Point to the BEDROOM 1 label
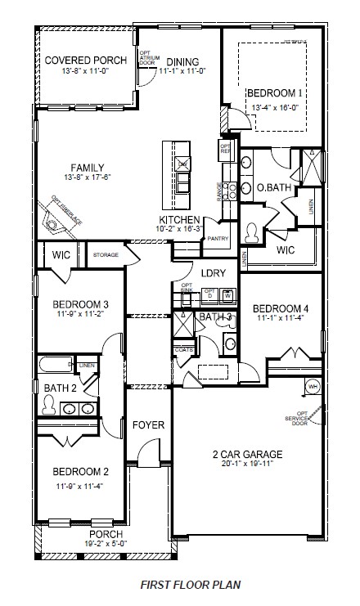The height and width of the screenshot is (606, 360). (x=275, y=93)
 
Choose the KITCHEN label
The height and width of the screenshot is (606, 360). (x=179, y=220)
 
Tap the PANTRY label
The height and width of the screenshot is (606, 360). (x=218, y=239)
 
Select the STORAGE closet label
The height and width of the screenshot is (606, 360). (x=105, y=255)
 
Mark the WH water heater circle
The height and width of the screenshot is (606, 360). (x=312, y=386)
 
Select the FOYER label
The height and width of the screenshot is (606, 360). (x=149, y=425)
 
